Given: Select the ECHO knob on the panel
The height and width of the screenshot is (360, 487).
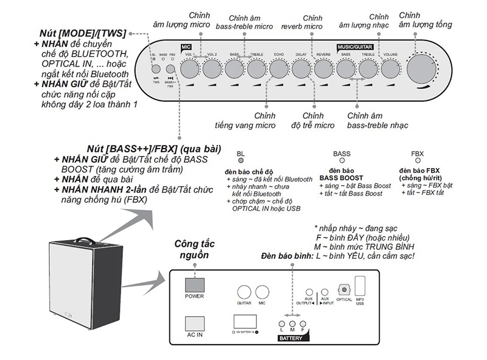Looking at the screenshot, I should coord(279,71).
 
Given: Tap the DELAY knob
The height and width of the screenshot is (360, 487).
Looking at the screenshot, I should coord(301,71).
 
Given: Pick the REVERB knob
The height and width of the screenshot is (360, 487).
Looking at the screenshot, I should coord(324,71).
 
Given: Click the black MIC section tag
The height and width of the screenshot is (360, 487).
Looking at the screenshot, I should coord(186,46).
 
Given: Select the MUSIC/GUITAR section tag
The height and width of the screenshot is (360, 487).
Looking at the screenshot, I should coord(357,46).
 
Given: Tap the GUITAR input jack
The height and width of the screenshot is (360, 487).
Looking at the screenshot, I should coord(244,292).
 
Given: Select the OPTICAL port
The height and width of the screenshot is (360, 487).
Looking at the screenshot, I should coord(344,291).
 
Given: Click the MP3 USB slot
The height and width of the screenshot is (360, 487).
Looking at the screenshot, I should coord(360,286).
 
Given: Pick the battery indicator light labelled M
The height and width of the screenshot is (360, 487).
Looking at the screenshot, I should coord(293,324).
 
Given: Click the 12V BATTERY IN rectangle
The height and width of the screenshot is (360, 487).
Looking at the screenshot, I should coord(246,322).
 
